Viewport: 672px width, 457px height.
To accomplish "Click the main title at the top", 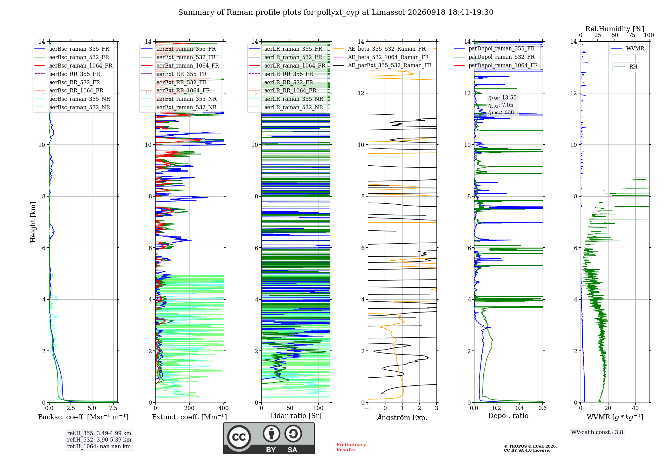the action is coord(336,12).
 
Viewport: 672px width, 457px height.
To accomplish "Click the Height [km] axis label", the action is coord(33,222).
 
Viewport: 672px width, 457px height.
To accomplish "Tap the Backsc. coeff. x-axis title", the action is coord(83,417).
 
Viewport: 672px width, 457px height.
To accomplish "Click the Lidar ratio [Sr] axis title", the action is coord(296,416).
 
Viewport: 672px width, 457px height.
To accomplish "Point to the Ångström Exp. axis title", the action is coord(402,417).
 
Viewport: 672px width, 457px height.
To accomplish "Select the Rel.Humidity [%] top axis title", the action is coord(615,29).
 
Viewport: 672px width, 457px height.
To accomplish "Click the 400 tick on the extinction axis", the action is coord(223,408).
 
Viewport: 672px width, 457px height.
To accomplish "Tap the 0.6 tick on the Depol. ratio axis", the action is coord(543,408).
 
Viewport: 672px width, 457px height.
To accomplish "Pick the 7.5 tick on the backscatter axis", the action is coord(113,408).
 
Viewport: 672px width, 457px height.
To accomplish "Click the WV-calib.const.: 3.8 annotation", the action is coord(597,432).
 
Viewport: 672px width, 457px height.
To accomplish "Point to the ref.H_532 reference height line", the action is coord(99,440).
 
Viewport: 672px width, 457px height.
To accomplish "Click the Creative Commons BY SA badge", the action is coord(269,439).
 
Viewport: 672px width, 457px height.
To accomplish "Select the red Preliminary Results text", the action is coord(351,447).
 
